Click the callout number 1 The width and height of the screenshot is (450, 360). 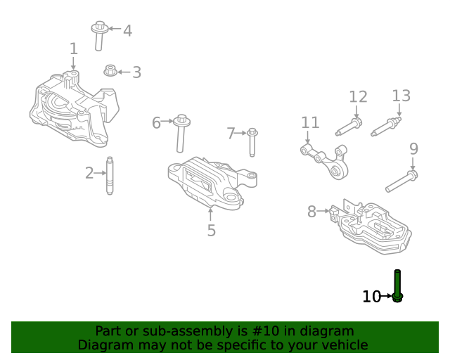pos(74,49)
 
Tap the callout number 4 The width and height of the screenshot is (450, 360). pos(127,31)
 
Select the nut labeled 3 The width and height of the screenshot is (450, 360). pos(110,70)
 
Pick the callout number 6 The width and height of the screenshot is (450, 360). pos(156,123)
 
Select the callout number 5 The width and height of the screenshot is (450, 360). pos(211,230)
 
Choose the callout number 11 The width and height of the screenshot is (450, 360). pos(310,123)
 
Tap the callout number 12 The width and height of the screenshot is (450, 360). pos(358,97)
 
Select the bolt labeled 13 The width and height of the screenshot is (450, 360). pos(386,127)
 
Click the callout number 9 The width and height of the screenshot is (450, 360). pos(413,148)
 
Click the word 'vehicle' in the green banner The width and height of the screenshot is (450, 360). pos(343,345)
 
